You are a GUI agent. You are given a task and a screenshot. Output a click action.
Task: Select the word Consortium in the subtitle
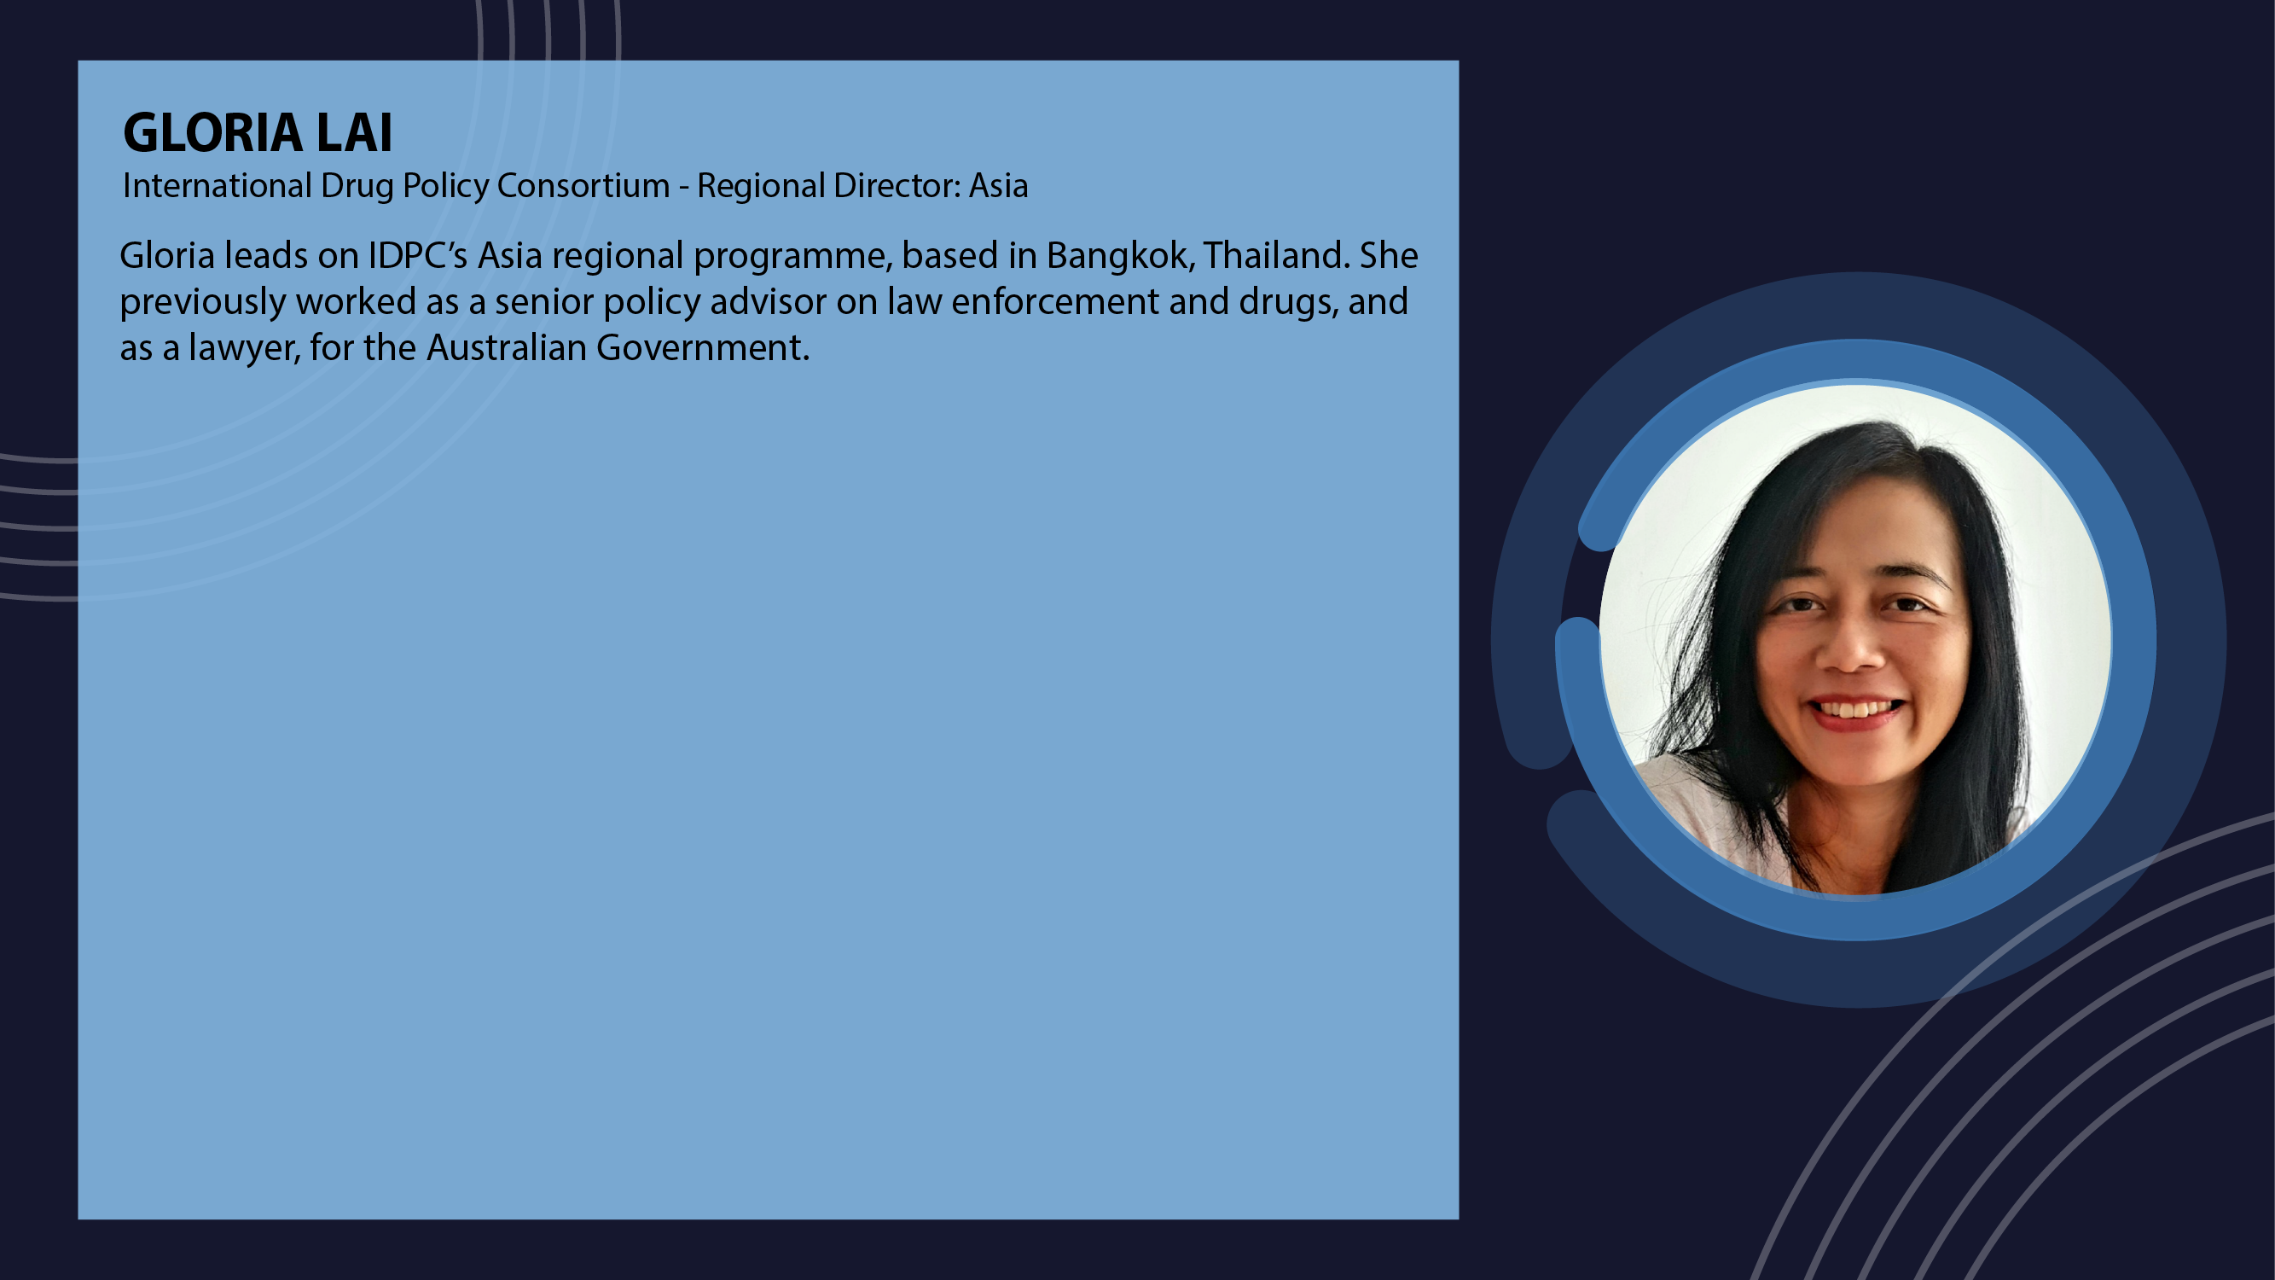583,185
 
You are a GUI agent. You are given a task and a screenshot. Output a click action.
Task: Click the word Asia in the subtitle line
999,185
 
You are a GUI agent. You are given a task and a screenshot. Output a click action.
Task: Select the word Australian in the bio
507,347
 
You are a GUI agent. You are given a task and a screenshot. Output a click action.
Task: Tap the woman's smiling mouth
1854,711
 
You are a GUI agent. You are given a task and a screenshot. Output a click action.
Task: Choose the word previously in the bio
202,303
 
